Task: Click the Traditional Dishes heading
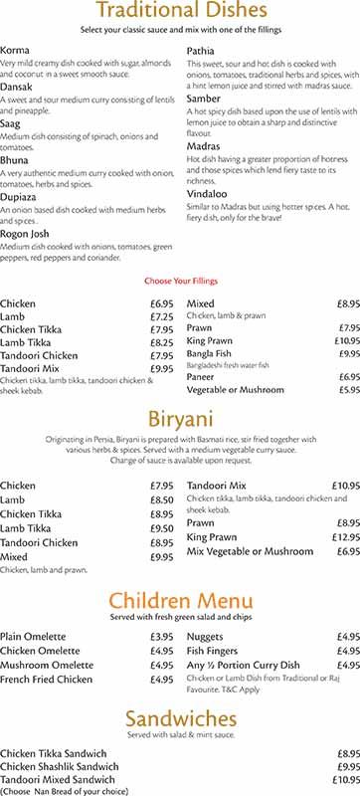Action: point(180,12)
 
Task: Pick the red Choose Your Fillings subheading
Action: point(180,282)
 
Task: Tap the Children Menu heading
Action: point(180,600)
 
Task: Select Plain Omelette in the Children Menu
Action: point(33,636)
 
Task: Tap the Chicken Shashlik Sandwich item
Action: point(60,767)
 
